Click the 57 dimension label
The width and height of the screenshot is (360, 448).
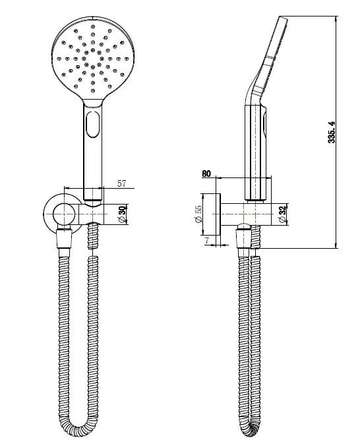coord(121,184)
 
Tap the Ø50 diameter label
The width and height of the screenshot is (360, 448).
coord(121,214)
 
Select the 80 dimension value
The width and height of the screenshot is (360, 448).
coord(206,174)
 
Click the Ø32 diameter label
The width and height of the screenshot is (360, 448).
coord(283,214)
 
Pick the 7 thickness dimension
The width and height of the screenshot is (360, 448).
coord(206,241)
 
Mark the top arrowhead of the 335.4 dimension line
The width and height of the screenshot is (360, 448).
coord(336,19)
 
